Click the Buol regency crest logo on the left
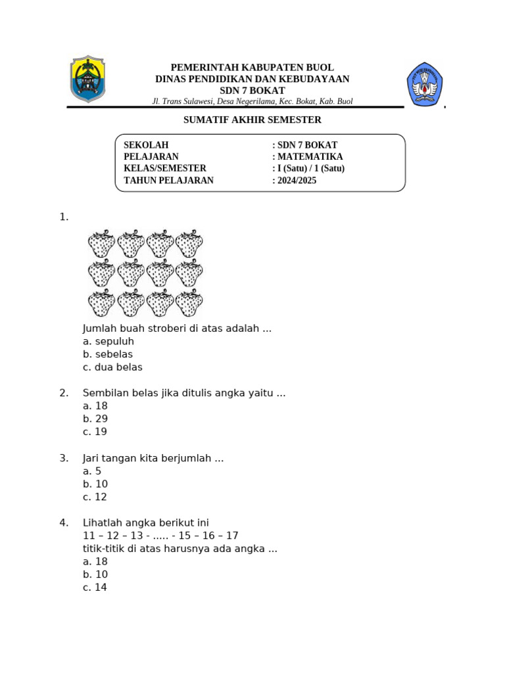pos(87,80)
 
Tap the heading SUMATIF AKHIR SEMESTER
pos(252,120)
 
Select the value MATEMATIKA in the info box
pos(308,156)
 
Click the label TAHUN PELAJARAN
pos(168,180)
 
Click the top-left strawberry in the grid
pos(101,243)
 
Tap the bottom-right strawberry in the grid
pos(189,303)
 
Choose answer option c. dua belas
pos(112,367)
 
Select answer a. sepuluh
pos(108,341)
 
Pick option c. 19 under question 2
pos(95,432)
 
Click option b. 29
pos(95,419)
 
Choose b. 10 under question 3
pos(95,484)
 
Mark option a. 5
pos(92,471)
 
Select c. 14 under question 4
pos(95,588)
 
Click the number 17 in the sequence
pos(231,536)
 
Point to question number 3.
pos(64,458)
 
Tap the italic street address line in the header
pos(252,101)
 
